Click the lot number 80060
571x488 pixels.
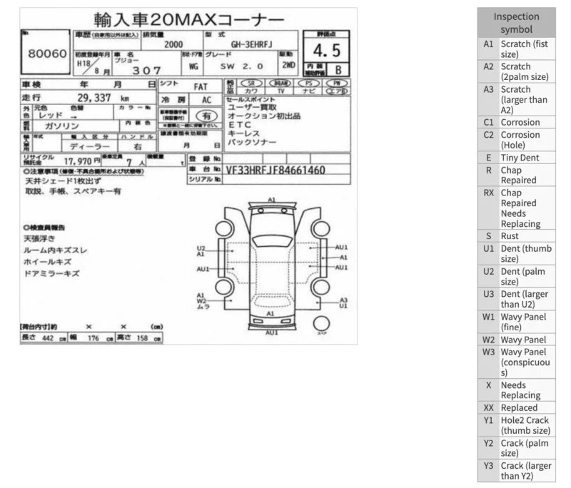pyautogui.click(x=47, y=54)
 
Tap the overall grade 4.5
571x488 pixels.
pyautogui.click(x=325, y=51)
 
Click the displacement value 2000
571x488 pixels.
pyautogui.click(x=173, y=44)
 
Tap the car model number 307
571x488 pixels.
pyautogui.click(x=146, y=70)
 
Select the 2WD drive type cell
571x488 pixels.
pyautogui.click(x=288, y=66)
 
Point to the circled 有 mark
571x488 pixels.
pyautogui.click(x=207, y=115)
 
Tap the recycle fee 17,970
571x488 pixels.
pyautogui.click(x=78, y=161)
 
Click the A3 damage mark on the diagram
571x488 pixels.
pyautogui.click(x=343, y=300)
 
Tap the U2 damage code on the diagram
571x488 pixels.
pyautogui.click(x=201, y=248)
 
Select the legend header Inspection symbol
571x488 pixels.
pyautogui.click(x=516, y=23)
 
